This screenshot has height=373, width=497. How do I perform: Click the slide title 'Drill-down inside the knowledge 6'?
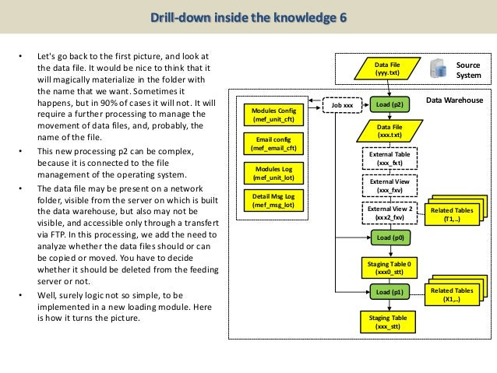248,17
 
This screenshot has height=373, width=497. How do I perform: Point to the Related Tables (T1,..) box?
451,215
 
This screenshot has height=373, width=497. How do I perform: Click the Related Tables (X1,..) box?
451,294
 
